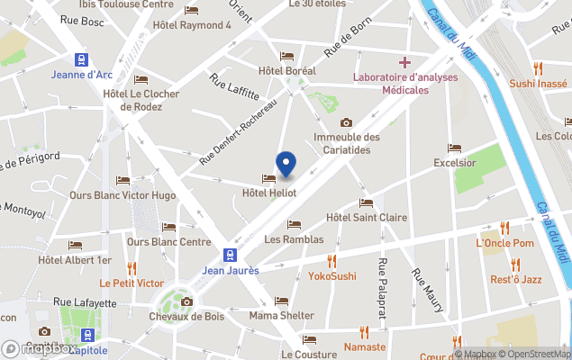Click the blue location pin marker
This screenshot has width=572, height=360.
pyautogui.click(x=286, y=164)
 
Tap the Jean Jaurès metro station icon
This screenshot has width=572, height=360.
pyautogui.click(x=230, y=255)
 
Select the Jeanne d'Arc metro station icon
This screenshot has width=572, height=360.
pyautogui.click(x=82, y=59)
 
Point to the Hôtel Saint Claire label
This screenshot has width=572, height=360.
pyautogui.click(x=366, y=217)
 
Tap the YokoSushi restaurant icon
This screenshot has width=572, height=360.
pyautogui.click(x=331, y=260)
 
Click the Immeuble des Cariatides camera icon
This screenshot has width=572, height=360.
pyautogui.click(x=346, y=122)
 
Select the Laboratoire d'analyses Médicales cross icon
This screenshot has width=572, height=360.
pyautogui.click(x=405, y=61)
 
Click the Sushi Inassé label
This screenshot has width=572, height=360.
pyautogui.click(x=538, y=84)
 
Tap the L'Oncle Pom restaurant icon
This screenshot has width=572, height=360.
pyautogui.click(x=504, y=228)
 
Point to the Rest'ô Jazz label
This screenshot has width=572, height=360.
pyautogui.click(x=515, y=279)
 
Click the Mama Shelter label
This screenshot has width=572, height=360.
pyautogui.click(x=283, y=316)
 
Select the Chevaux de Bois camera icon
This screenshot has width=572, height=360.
pyautogui.click(x=186, y=301)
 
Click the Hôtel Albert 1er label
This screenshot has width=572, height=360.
pyautogui.click(x=75, y=260)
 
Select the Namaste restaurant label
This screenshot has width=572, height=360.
pyautogui.click(x=364, y=346)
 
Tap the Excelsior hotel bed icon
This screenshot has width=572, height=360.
pyautogui.click(x=454, y=149)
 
